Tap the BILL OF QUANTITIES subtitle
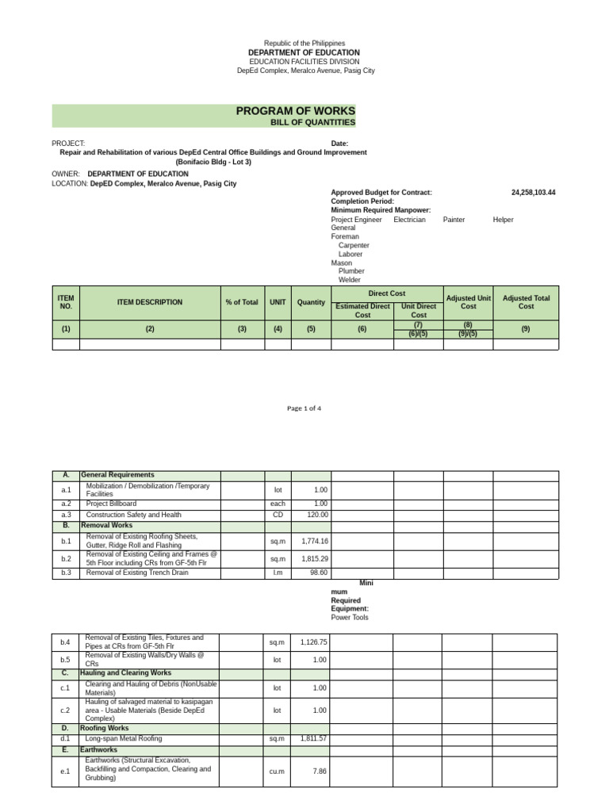click(313, 123)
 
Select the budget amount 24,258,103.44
click(534, 193)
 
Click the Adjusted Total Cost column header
click(526, 302)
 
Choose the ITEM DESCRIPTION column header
click(149, 302)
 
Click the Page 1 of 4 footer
click(304, 408)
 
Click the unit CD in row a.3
click(278, 515)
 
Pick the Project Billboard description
click(111, 504)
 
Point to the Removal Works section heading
click(106, 525)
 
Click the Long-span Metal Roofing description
click(124, 738)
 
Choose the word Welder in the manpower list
click(350, 280)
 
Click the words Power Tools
click(350, 618)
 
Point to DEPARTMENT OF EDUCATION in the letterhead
click(305, 52)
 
